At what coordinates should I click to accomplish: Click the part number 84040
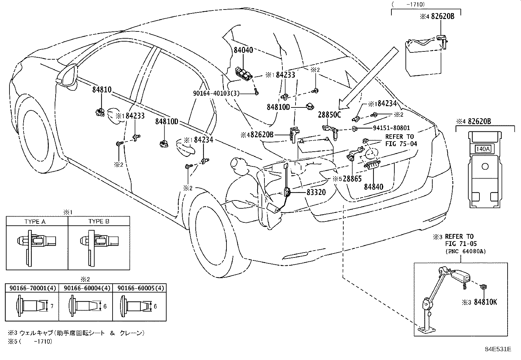coord(243,50)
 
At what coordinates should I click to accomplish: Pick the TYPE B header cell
coord(99,221)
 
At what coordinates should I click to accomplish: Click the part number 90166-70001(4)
coord(33,288)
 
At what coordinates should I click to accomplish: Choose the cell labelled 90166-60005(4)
coord(139,288)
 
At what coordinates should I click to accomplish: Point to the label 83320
coord(316,192)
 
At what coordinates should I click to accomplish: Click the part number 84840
coord(373,187)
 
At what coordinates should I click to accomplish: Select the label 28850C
coord(329,115)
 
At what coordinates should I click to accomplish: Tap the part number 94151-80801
coord(391,128)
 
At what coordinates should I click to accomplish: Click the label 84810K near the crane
coord(485,302)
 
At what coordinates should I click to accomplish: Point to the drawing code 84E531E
coord(498,349)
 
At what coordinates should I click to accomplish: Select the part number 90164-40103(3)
coord(216,93)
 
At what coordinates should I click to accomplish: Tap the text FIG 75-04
coord(401,144)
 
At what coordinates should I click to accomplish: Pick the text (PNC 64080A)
coord(466,252)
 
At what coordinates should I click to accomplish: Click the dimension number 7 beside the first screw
coord(52,306)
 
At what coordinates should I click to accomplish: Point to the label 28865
coord(352,179)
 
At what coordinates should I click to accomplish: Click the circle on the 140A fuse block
coord(485,166)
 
